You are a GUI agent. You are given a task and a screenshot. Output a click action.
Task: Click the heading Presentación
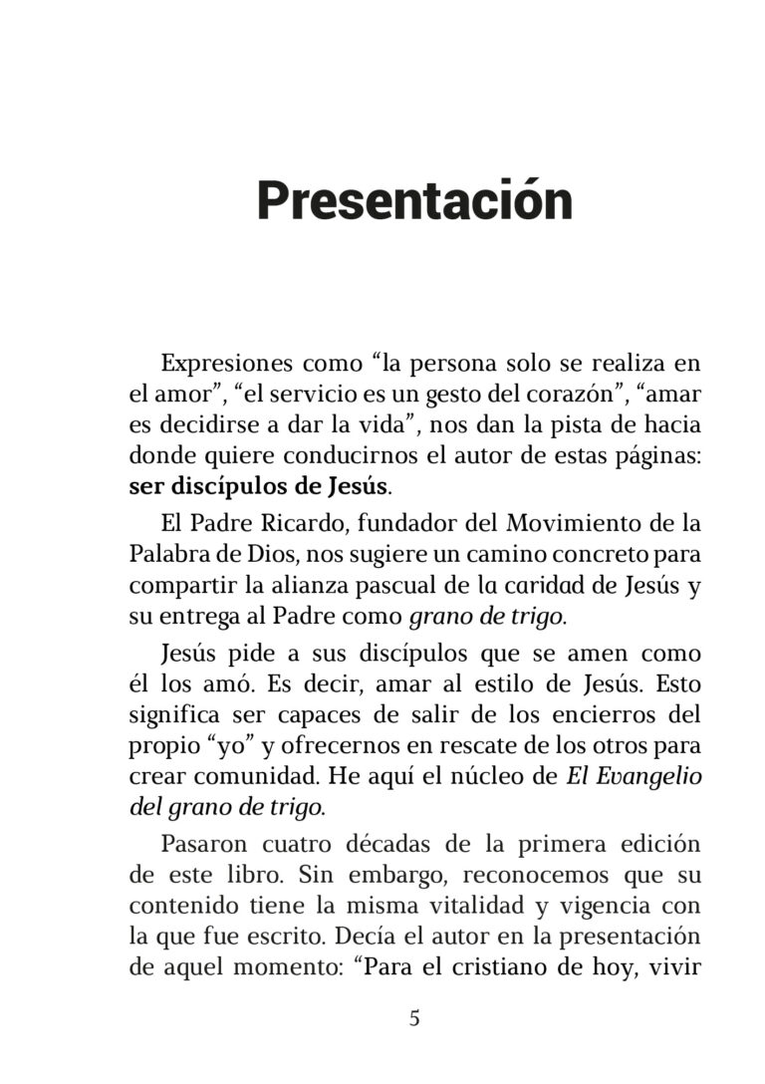pyautogui.click(x=414, y=200)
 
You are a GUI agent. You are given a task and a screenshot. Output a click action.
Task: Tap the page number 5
pyautogui.click(x=414, y=1018)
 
